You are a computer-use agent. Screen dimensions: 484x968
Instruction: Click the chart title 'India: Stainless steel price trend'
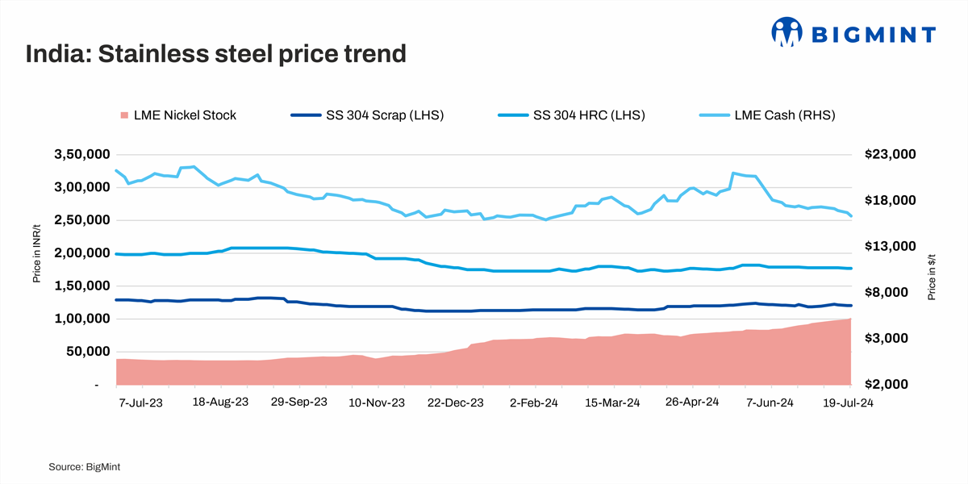point(215,54)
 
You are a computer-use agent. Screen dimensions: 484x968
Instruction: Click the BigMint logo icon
point(788,33)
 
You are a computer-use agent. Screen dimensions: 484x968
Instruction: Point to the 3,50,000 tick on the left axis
point(81,154)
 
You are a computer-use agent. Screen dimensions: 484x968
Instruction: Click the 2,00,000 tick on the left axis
point(81,253)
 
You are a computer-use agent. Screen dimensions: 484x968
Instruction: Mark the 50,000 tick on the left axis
point(86,352)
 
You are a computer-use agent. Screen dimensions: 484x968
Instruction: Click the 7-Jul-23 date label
point(140,403)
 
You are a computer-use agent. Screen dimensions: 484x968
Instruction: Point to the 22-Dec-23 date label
point(455,403)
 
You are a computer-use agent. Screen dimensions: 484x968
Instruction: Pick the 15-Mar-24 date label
point(612,403)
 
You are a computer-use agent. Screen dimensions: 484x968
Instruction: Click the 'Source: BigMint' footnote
point(85,466)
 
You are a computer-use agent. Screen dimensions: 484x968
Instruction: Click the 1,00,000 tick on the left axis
point(81,319)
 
